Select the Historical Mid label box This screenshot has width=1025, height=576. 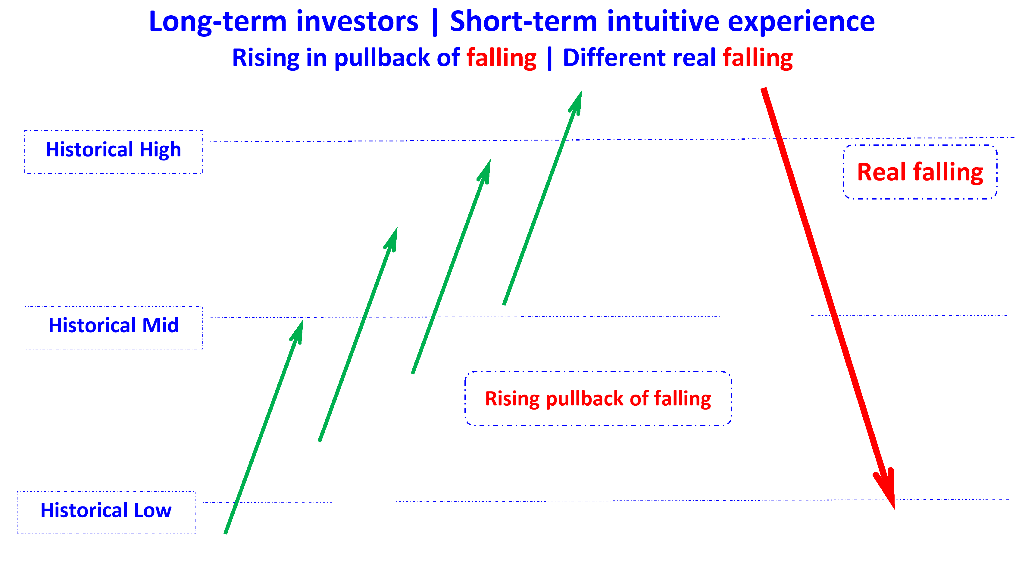(x=114, y=327)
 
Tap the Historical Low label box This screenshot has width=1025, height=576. (x=106, y=513)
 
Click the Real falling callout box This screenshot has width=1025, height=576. (x=920, y=172)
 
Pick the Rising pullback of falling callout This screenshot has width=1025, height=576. (x=598, y=399)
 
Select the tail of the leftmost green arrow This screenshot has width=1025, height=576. (x=226, y=532)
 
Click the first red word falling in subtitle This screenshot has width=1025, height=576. (x=502, y=58)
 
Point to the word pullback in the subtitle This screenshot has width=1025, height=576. (x=382, y=58)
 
